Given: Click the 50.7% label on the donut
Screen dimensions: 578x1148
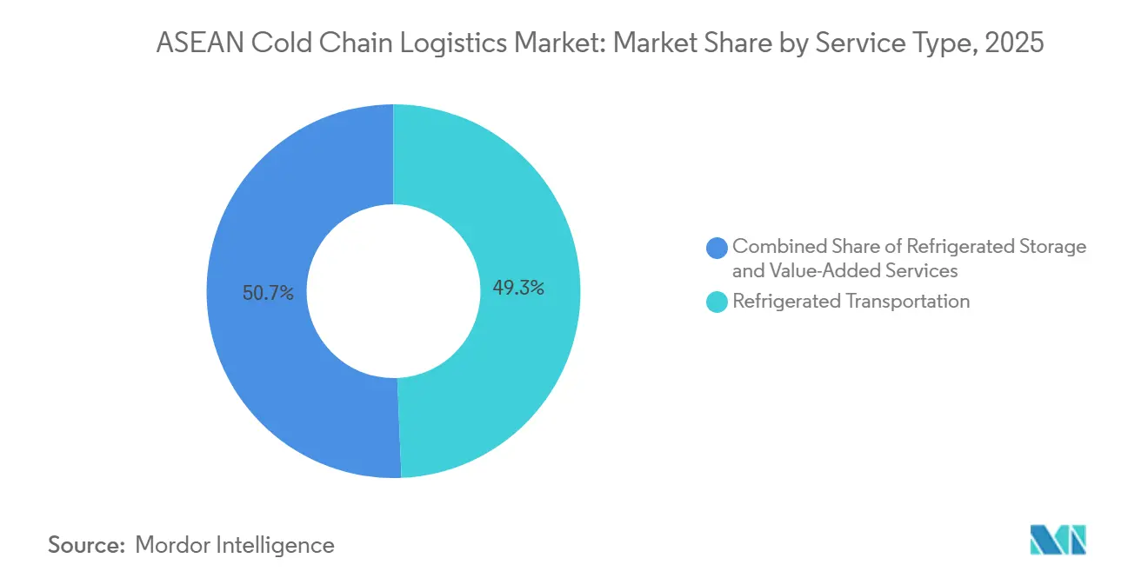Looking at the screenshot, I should [x=269, y=294].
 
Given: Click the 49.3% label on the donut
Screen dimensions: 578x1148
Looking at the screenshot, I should [x=518, y=289].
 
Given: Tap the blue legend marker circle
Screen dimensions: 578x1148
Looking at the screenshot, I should [x=717, y=248].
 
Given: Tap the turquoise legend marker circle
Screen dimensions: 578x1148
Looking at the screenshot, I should [x=717, y=302].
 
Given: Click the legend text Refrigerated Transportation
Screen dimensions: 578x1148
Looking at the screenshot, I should [x=851, y=302].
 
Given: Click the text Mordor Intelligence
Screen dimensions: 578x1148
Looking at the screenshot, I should [x=235, y=545].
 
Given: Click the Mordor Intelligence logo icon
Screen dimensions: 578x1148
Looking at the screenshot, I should [x=1058, y=540].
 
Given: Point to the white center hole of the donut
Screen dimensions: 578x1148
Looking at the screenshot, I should [x=393, y=291].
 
